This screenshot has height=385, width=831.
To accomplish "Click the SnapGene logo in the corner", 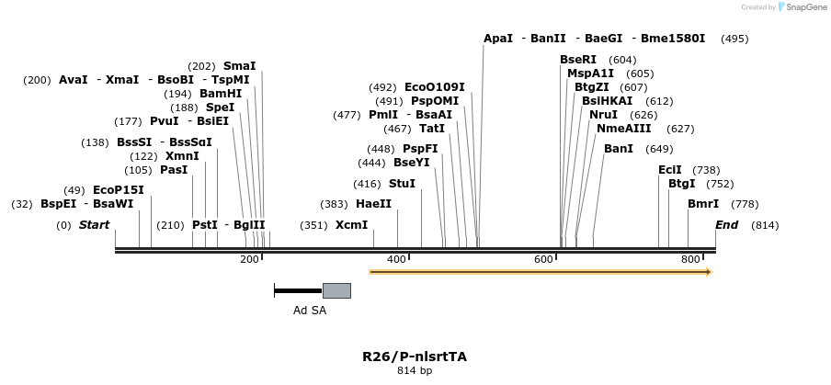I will (x=782, y=7).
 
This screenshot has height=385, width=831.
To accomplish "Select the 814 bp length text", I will (x=414, y=370).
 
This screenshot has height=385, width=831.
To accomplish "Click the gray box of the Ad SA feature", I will (x=336, y=290).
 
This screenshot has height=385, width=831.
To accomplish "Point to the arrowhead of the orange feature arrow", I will (x=708, y=272).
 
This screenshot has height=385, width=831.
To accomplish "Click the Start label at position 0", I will (x=94, y=225).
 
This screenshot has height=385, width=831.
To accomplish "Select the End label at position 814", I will (x=726, y=225).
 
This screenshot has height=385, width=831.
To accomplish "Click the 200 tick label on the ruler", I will (x=249, y=260).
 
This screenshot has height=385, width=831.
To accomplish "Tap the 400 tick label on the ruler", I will (x=396, y=260).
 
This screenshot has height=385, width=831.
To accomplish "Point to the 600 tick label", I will (x=543, y=260).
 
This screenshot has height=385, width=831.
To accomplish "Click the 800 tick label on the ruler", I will (x=690, y=260).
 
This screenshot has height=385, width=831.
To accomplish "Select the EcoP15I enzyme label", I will (x=119, y=190).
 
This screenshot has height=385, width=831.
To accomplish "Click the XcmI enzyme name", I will (x=351, y=225).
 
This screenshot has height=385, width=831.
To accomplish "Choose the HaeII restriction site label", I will (x=373, y=204).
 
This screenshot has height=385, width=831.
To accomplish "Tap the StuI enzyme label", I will (x=402, y=184).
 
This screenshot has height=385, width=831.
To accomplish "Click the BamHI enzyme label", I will (x=221, y=94).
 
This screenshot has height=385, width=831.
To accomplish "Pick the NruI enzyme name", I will (x=603, y=115).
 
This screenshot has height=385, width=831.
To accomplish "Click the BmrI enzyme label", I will (x=703, y=204).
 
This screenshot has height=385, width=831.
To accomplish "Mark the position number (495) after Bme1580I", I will (x=734, y=39).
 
